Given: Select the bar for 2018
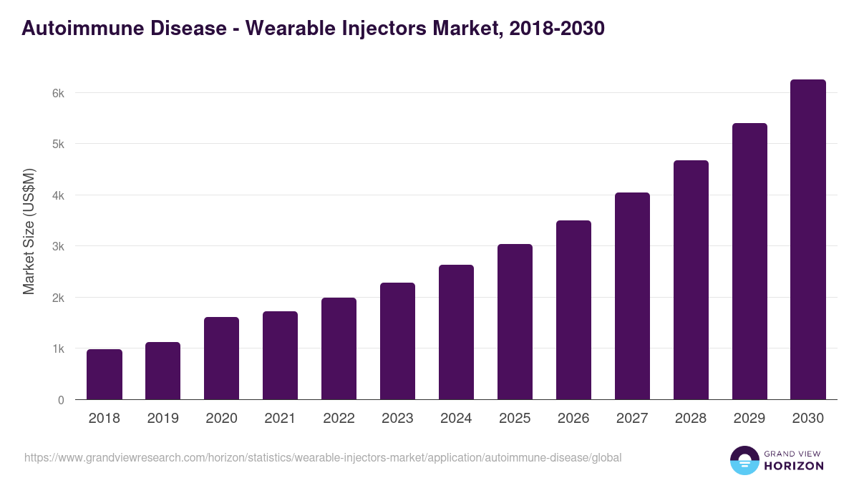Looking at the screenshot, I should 105,374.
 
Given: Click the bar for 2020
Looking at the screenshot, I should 222,358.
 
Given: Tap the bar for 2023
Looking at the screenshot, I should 397,341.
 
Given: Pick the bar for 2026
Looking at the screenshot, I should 573,310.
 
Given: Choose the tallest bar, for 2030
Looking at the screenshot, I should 808,240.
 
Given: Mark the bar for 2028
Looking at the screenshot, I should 691,280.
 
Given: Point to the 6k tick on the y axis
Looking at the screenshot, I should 57,93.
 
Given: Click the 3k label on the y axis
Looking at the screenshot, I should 57,246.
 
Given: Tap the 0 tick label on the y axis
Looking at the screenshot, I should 61,400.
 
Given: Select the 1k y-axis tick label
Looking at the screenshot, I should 57,348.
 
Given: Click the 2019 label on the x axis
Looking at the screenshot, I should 163,419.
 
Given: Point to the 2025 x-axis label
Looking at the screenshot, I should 515,419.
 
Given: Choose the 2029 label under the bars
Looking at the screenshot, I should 749,419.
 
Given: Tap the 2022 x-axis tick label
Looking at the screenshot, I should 339,419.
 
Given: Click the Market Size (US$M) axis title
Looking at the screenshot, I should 29,230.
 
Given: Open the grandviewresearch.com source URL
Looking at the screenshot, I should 323,457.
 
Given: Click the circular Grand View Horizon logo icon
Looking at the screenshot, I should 744,460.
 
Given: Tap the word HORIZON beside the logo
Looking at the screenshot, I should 794,466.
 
